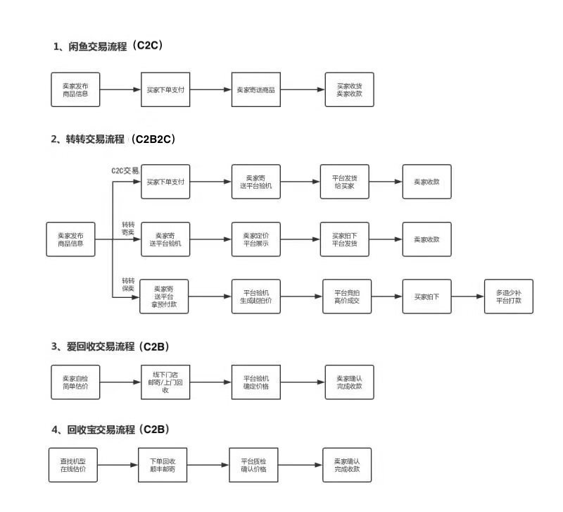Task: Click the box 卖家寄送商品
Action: [x=255, y=90]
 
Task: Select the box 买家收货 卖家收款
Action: [x=349, y=90]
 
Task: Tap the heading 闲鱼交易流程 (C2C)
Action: [x=108, y=46]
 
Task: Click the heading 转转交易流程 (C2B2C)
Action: [x=113, y=139]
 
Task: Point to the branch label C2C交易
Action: [x=125, y=170]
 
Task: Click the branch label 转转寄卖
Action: [x=128, y=227]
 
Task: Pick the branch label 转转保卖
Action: [x=128, y=284]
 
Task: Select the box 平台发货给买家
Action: [x=345, y=182]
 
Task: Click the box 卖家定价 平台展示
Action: [x=255, y=239]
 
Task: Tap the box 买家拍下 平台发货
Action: [x=345, y=239]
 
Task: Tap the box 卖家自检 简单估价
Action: [x=75, y=382]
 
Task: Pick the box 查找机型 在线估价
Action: [x=72, y=465]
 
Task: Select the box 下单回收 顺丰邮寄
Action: [x=163, y=465]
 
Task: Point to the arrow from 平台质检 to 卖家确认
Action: [x=300, y=465]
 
